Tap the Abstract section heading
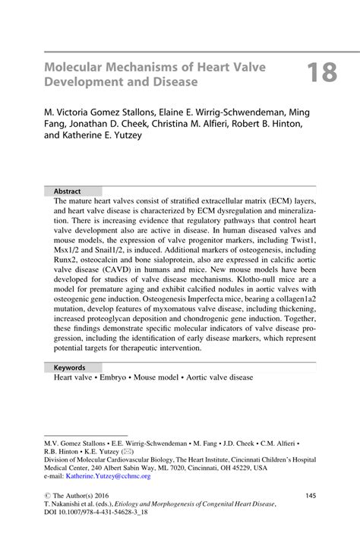[67, 191]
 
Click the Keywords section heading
[69, 367]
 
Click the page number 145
[311, 496]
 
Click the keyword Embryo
[112, 377]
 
